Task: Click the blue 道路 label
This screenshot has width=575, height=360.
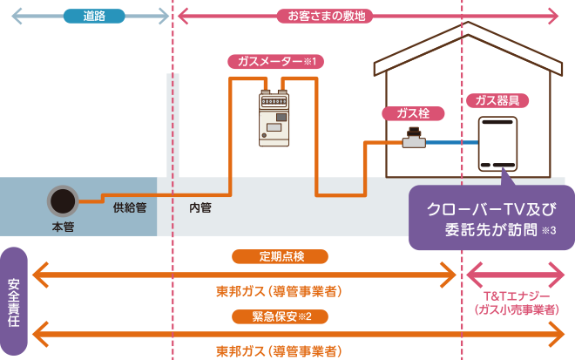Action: pos(94,16)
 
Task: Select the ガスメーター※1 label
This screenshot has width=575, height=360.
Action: pos(276,62)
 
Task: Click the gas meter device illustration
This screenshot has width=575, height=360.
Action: pos(274,118)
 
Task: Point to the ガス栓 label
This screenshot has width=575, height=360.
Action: pos(412,113)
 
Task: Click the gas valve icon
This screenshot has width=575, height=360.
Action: pos(414,138)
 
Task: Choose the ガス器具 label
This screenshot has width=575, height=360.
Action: pos(497,100)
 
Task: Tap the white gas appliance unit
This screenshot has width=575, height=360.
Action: pos(497,144)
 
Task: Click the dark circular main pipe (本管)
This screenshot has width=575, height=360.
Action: pos(63,201)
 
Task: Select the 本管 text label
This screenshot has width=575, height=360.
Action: pos(63,227)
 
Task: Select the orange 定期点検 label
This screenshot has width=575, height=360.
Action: pos(280,256)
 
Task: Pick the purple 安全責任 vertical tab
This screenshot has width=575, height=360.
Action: pos(14,301)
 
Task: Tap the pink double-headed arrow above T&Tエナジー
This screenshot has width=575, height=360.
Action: pos(516,275)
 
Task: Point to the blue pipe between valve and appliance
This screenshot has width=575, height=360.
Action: pos(451,142)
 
